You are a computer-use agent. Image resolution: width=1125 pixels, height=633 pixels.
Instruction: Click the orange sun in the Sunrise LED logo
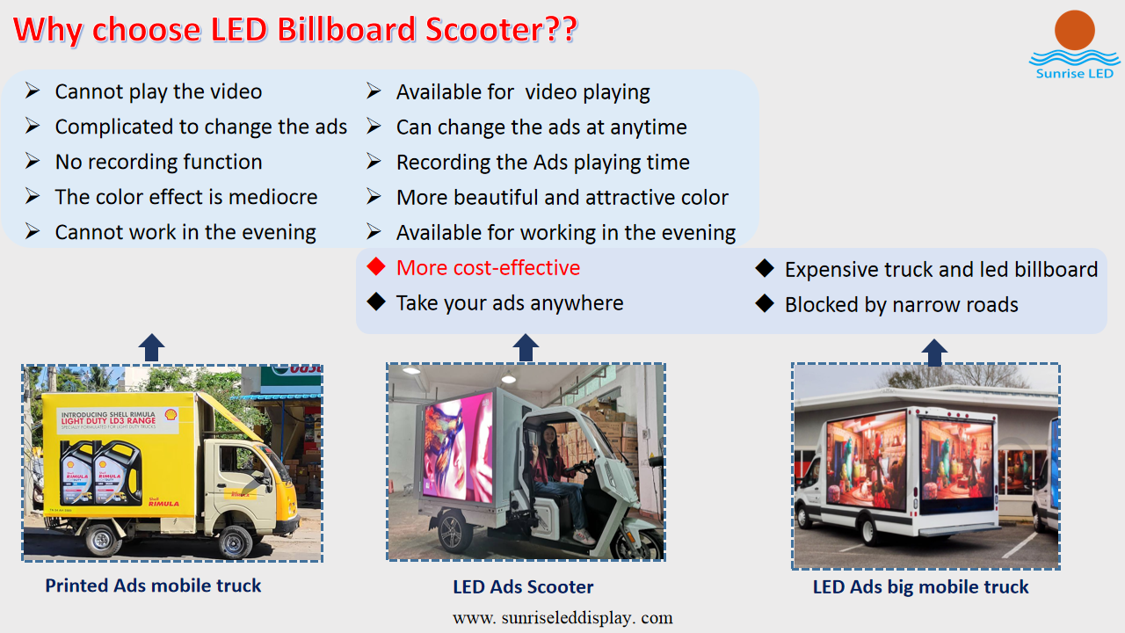point(1074,30)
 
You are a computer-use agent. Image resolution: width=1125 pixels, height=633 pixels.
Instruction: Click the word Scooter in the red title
point(484,29)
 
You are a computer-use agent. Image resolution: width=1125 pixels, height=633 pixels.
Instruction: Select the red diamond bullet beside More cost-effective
point(376,266)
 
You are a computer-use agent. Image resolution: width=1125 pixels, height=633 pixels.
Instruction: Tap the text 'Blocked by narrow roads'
point(902,305)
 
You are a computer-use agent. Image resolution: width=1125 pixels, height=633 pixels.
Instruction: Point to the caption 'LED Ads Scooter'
point(523,586)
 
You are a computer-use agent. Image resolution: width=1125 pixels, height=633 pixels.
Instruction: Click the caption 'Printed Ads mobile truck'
point(153,586)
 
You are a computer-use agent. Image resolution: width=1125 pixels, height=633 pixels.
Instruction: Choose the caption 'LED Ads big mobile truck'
point(920,586)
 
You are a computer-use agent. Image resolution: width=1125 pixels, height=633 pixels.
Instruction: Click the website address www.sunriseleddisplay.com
point(562,617)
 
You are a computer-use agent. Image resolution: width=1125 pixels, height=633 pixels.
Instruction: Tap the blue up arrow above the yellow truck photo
point(152,347)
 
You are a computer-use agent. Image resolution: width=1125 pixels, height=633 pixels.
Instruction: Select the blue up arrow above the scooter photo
point(526,347)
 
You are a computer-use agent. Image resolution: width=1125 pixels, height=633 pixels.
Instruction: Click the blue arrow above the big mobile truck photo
point(934,353)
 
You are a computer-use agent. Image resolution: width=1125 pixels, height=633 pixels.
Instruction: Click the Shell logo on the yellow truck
point(171,414)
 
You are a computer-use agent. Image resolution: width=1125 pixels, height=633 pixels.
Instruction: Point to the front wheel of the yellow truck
point(234,542)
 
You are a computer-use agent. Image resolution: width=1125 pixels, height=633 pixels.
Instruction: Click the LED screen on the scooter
point(459,447)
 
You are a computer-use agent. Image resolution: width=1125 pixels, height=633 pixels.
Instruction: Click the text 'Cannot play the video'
point(158,92)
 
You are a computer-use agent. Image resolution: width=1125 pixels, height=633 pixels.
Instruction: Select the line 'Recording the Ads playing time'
point(543,163)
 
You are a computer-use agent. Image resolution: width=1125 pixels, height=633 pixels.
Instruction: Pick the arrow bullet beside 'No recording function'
point(33,161)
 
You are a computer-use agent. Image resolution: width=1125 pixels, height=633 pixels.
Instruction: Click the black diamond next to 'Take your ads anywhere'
point(376,302)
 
